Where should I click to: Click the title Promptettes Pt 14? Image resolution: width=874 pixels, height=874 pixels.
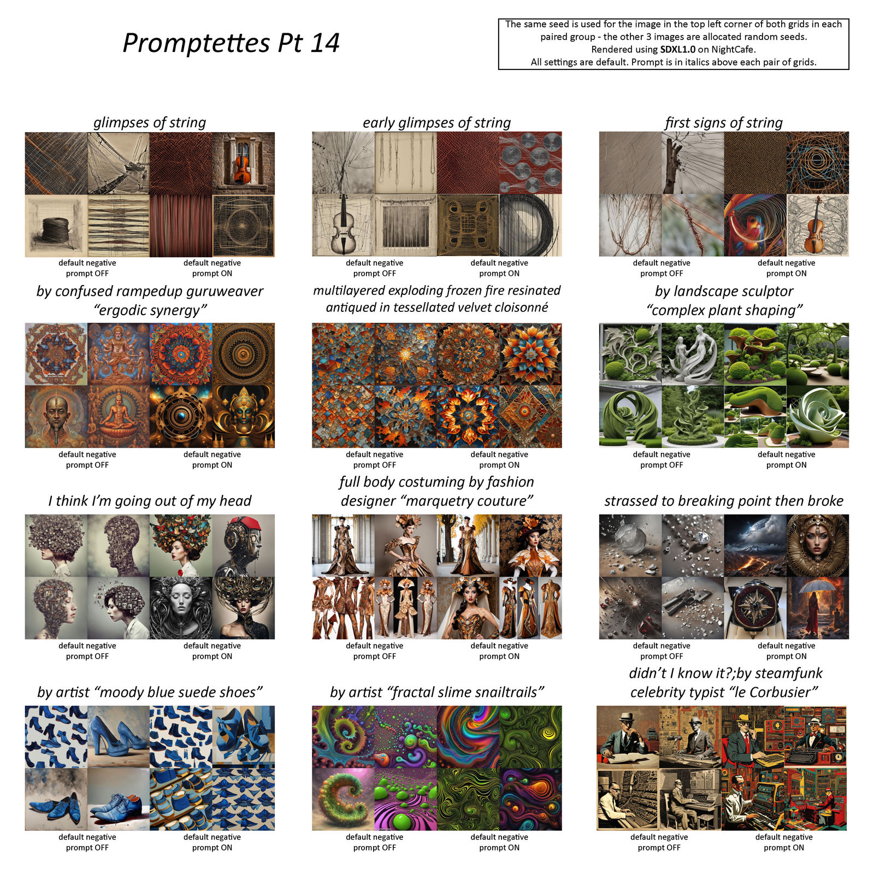point(231,43)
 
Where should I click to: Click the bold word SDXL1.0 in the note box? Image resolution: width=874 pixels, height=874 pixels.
point(677,50)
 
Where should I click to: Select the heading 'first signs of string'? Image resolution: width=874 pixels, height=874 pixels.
point(723,122)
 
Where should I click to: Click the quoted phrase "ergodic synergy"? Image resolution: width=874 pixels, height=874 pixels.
point(150,310)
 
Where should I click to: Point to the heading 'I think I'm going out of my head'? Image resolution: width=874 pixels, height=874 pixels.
point(150,501)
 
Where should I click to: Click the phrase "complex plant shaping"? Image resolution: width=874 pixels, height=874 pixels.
point(724,310)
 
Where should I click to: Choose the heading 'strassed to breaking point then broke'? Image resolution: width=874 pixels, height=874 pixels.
point(724,501)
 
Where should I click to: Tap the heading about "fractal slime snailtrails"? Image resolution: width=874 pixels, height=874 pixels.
point(437,692)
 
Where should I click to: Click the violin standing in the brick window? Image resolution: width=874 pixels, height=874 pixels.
point(243,164)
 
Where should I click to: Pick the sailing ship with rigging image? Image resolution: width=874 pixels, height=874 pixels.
point(118,163)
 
